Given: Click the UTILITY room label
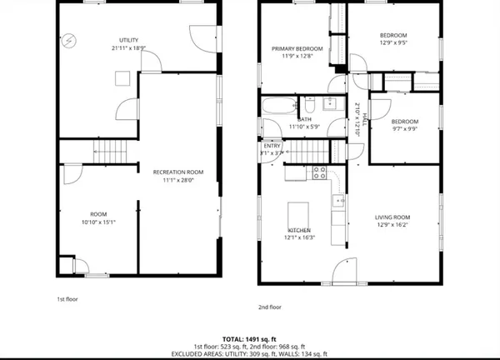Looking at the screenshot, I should click(127, 41).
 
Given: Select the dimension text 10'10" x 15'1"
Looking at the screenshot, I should click(97, 222).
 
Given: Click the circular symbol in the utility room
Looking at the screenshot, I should click(70, 39).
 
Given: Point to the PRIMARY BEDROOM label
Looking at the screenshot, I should click(297, 49).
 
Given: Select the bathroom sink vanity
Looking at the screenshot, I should click(329, 104).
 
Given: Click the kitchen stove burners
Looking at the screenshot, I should click(317, 172).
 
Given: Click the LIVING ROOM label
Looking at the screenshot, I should click(392, 216).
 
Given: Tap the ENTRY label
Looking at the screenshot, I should click(272, 146).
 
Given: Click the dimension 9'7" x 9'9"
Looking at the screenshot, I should click(404, 128).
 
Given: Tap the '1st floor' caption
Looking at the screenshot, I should click(66, 298).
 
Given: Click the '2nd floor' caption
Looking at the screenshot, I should click(269, 307).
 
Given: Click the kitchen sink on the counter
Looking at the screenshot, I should click(338, 201).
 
